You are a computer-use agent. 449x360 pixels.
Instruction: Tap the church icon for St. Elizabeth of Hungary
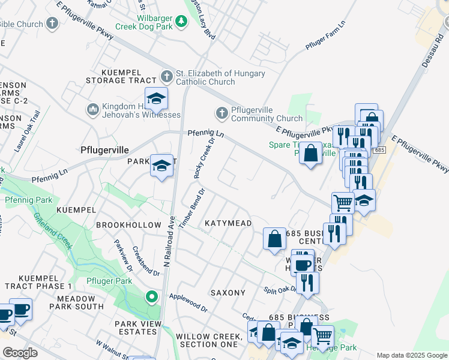pyautogui.click(x=167, y=77)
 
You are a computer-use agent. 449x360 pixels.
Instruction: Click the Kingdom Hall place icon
pyautogui.click(x=92, y=109)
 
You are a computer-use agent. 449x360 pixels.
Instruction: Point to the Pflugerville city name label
pyautogui.click(x=106, y=152)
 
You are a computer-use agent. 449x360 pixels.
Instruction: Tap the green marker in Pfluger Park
pyautogui.click(x=152, y=296)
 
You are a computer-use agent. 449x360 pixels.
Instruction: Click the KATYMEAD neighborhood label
pyautogui.click(x=228, y=223)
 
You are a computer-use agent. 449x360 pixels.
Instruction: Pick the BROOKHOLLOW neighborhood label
pyautogui.click(x=128, y=225)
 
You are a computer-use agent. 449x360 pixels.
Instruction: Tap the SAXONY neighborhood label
pyautogui.click(x=228, y=293)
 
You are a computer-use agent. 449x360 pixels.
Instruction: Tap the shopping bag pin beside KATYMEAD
pyautogui.click(x=274, y=238)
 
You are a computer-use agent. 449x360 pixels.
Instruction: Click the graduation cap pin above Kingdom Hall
pyautogui.click(x=156, y=98)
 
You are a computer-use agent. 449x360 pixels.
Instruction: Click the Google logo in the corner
pyautogui.click(x=20, y=353)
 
